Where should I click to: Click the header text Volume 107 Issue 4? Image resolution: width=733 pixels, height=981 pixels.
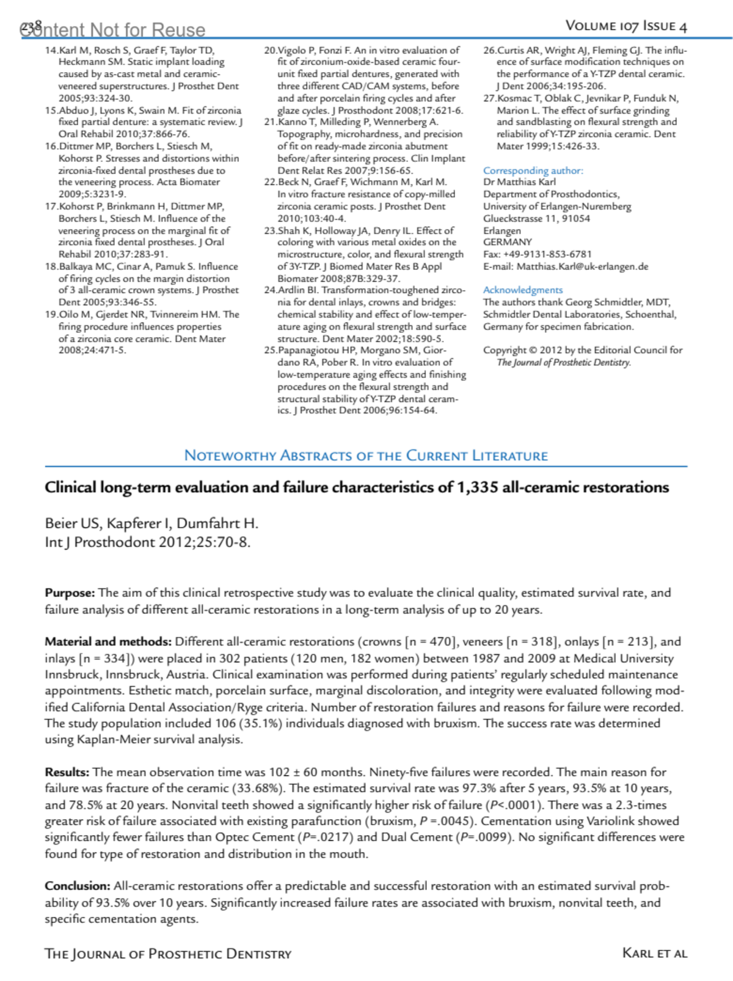[626, 26]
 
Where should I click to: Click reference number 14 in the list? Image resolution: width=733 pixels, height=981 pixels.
[51, 51]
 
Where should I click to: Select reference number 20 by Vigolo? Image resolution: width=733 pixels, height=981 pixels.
[271, 51]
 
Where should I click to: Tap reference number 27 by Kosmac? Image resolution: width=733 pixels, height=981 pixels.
[490, 98]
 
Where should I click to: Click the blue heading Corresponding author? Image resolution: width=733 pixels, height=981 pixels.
[533, 170]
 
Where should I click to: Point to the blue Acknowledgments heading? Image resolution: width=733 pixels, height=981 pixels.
[523, 290]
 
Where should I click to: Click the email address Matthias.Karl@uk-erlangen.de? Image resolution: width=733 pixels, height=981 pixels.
[582, 266]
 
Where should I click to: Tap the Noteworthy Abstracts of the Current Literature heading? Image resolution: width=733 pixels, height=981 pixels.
[366, 456]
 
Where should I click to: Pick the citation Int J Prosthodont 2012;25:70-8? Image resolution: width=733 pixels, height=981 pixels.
[147, 542]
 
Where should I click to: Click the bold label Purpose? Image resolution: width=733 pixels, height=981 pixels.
[70, 593]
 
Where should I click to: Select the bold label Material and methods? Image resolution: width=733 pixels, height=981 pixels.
[108, 642]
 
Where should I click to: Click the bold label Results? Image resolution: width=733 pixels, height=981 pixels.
[67, 773]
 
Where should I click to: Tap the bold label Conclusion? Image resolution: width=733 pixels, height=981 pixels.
[78, 886]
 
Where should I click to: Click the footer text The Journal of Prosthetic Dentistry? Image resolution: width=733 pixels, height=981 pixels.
[168, 954]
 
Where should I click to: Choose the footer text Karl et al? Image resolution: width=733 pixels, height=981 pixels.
[654, 953]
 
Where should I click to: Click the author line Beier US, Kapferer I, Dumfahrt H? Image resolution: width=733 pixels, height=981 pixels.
[151, 523]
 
